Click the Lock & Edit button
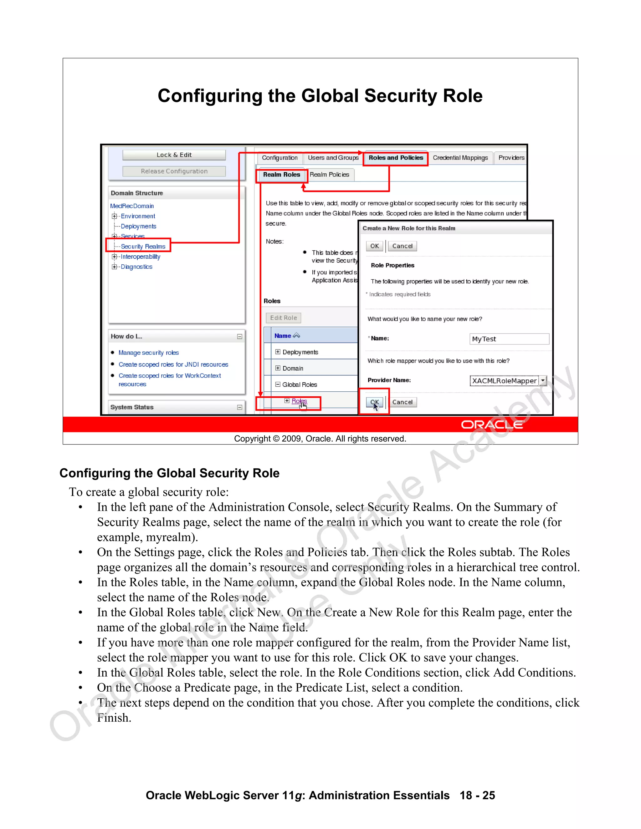(x=174, y=155)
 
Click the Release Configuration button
(x=174, y=171)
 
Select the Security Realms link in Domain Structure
(x=143, y=246)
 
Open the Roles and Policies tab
(x=396, y=158)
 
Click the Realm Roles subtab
(x=281, y=175)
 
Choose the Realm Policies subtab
(x=329, y=175)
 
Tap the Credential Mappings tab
(x=460, y=158)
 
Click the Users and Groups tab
(x=333, y=158)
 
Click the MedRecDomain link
(x=132, y=206)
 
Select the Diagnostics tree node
(x=136, y=267)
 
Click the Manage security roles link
(x=148, y=353)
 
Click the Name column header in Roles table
(x=283, y=336)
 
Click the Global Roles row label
(x=300, y=384)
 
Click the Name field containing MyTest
(x=509, y=339)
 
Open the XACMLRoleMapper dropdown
(x=543, y=380)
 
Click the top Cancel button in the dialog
(x=402, y=246)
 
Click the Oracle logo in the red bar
(x=492, y=425)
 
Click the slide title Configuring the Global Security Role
(x=320, y=96)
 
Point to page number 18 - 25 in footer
(x=477, y=795)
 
